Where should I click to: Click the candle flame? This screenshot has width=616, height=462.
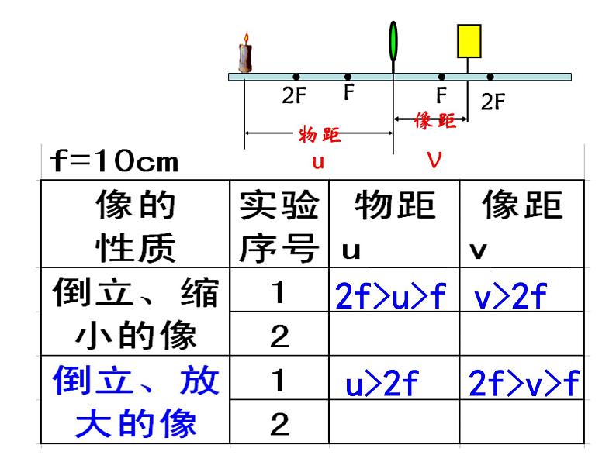246,38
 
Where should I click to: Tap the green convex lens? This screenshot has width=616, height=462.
393,41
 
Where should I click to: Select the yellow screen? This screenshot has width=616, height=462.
469,41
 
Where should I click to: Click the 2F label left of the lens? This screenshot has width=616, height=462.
294,95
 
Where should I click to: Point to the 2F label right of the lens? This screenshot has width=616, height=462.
493,102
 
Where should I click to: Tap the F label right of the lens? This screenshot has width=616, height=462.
441,95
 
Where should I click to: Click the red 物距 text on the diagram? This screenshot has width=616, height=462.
319,134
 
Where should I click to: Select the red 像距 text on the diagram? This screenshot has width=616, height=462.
434,120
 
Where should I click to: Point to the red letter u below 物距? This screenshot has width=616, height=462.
318,162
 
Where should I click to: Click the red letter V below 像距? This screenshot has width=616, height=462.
434,160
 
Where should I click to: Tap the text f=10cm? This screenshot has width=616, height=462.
114,160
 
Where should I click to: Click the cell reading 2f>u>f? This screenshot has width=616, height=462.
390,296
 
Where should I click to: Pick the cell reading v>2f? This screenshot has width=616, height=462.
510,296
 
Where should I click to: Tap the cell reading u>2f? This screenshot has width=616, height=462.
382,383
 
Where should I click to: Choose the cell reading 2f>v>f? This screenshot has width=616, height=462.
524,383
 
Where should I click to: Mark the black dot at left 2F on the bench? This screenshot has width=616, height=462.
296,77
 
